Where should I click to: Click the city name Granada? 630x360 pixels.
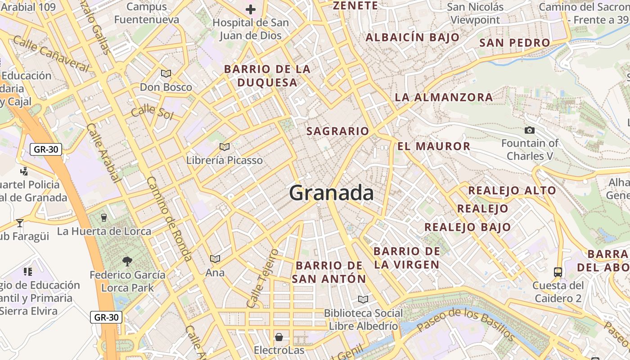coord(331,193)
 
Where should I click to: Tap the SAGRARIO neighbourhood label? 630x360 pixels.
coord(337,131)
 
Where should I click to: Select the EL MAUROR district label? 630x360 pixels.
coord(434,146)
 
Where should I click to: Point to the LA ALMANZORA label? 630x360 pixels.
coord(444,97)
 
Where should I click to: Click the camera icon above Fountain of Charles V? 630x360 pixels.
coord(530,130)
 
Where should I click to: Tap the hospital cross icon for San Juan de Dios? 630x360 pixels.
coord(251,9)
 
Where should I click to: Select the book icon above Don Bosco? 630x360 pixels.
coord(166,73)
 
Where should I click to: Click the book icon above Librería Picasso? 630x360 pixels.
coord(224,147)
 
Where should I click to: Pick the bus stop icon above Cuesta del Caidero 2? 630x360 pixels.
coord(558,272)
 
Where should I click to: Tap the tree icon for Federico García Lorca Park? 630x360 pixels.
coord(127,261)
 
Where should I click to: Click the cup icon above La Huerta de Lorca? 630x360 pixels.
coord(104,218)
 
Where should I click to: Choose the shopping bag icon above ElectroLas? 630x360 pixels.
coord(279,337)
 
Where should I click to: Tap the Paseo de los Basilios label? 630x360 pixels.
coord(466,324)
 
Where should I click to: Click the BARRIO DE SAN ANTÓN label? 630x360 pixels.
coord(329,272)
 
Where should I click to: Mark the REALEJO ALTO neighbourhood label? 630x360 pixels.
coord(512,190)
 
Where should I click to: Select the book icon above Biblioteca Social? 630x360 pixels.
coord(363,299)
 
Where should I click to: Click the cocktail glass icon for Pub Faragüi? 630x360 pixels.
coord(20,223)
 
